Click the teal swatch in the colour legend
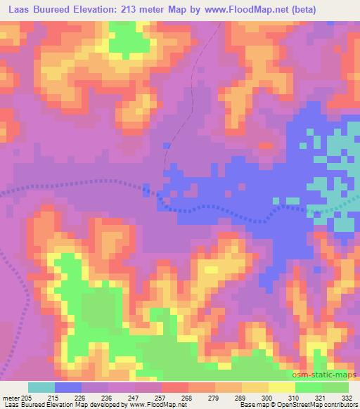[x=41, y=387]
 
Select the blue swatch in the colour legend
[x=68, y=387]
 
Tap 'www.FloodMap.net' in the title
[x=236, y=9]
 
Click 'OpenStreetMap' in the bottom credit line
[x=309, y=405]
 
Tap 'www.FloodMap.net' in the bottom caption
[x=153, y=405]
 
